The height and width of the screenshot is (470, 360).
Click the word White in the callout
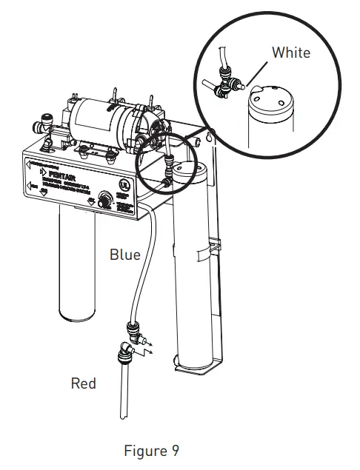291,53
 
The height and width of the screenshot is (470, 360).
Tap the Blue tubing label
124,255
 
